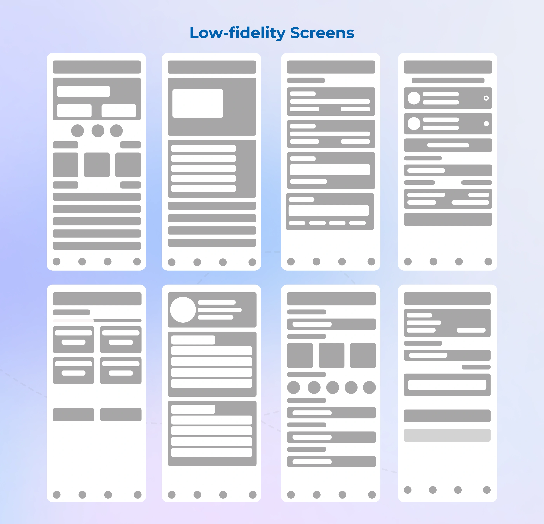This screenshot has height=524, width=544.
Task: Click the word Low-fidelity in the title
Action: (238, 33)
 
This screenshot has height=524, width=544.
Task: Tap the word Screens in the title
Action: (322, 33)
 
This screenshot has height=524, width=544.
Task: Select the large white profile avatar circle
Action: (183, 310)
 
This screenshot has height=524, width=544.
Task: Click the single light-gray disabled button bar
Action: (447, 435)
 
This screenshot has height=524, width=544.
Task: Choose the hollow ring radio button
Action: (486, 98)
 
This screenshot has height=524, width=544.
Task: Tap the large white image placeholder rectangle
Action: (198, 103)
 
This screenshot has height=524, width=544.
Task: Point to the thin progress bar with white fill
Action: (97, 321)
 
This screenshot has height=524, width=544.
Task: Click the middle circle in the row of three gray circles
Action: (98, 131)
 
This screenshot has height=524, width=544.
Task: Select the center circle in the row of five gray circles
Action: (332, 387)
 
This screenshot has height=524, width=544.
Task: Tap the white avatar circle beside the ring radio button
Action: (414, 98)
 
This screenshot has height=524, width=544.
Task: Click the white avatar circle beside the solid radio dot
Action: (414, 124)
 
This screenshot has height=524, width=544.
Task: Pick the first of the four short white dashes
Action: (297, 223)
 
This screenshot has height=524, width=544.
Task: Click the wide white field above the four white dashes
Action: (329, 210)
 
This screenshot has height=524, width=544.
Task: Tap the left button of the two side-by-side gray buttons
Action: (74, 415)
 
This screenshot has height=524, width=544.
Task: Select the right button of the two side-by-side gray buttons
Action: (121, 415)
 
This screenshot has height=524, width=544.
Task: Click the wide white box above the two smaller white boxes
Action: (84, 91)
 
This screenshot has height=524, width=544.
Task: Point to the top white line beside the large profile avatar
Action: (216, 302)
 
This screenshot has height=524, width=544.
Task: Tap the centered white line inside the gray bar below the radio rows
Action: (448, 145)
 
